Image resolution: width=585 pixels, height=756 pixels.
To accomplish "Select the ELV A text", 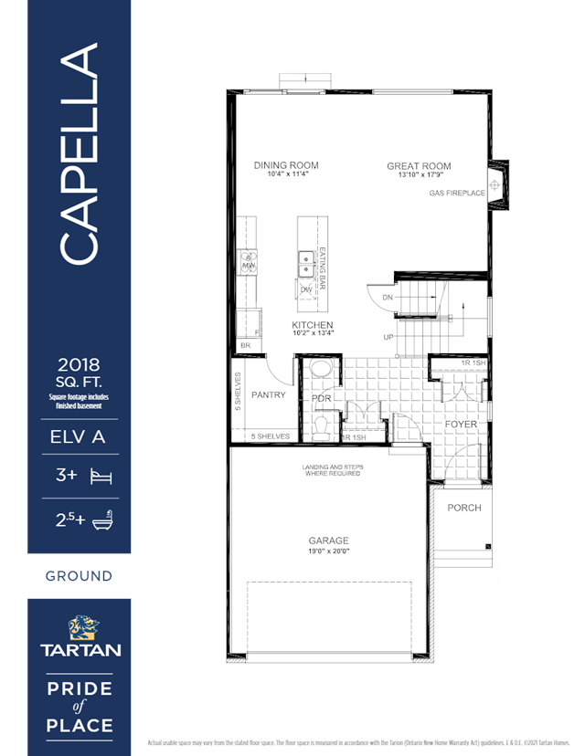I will pyautogui.click(x=79, y=437).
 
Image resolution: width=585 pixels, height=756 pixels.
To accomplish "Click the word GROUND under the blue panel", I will pyautogui.click(x=79, y=576).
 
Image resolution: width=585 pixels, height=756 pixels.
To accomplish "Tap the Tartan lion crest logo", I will pyautogui.click(x=79, y=628).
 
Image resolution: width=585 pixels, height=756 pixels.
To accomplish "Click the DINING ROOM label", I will pyautogui.click(x=285, y=165).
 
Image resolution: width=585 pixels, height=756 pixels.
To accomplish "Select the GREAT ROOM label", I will pyautogui.click(x=419, y=166).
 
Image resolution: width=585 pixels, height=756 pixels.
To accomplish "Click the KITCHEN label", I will pyautogui.click(x=312, y=325).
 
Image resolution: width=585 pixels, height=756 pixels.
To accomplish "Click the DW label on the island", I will pyautogui.click(x=306, y=290).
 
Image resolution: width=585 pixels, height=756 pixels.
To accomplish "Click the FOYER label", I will pyautogui.click(x=461, y=424).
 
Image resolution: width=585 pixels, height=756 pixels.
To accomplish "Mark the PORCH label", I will pyautogui.click(x=463, y=508).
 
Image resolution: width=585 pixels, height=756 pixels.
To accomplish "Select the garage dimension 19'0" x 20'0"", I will pyautogui.click(x=327, y=551).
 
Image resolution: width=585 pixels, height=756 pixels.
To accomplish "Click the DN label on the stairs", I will pyautogui.click(x=388, y=298).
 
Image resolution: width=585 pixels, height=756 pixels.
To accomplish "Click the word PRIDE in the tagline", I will pyautogui.click(x=79, y=686).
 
